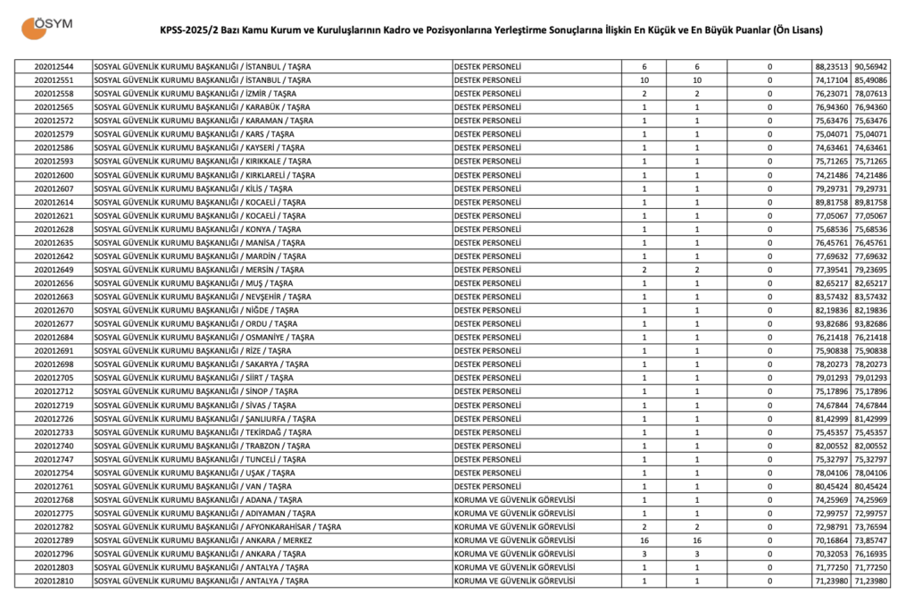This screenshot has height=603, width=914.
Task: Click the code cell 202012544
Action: pyautogui.click(x=54, y=67)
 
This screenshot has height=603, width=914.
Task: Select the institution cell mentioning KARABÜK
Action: pyautogui.click(x=202, y=107)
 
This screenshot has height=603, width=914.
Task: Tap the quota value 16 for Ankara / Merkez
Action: pyautogui.click(x=644, y=540)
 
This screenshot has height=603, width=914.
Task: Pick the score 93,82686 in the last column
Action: pyautogui.click(x=870, y=322)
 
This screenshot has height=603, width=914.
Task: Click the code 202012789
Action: pyautogui.click(x=54, y=540)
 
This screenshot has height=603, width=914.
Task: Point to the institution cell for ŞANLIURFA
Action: pyautogui.click(x=204, y=419)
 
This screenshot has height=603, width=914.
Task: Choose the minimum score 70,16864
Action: pyautogui.click(x=831, y=540)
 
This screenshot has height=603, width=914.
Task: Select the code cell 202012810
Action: pyautogui.click(x=54, y=582)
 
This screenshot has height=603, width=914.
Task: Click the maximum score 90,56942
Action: pyautogui.click(x=870, y=67)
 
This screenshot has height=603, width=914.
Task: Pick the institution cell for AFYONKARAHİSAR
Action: pyautogui.click(x=217, y=527)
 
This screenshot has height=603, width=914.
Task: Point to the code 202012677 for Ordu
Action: pyautogui.click(x=54, y=322)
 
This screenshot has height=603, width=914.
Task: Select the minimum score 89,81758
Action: pyautogui.click(x=831, y=202)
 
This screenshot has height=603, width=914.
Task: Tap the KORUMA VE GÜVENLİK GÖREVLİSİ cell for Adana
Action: pyautogui.click(x=513, y=500)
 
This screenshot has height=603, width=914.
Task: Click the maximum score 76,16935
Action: pyautogui.click(x=870, y=554)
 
